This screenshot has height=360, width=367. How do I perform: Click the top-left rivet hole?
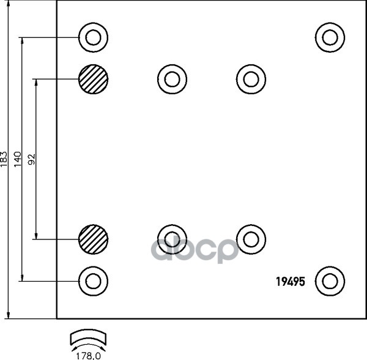click(93, 38)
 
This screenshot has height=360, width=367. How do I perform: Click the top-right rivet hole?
click(330, 38)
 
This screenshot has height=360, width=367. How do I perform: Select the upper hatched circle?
click(93, 79)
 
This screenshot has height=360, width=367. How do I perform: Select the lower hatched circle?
click(93, 239)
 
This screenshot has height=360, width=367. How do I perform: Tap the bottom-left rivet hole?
click(93, 280)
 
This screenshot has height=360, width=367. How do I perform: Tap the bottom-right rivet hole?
click(330, 280)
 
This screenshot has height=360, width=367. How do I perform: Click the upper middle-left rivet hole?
click(172, 78)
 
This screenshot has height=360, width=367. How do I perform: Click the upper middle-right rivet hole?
click(251, 78)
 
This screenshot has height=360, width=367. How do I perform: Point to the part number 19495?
click(290, 282)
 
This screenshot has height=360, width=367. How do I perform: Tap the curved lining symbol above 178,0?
click(88, 339)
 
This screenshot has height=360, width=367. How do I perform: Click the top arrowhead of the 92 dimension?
click(35, 82)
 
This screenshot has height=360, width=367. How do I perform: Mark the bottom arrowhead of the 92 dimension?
click(35, 236)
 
